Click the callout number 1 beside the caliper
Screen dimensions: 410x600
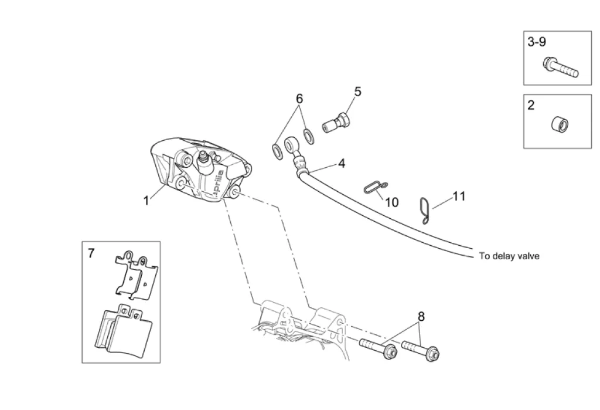click(146, 201)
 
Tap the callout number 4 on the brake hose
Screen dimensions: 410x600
click(341, 164)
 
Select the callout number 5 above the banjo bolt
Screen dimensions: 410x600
click(357, 92)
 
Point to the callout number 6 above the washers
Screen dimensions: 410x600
click(299, 99)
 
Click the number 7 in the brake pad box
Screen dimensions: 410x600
click(91, 253)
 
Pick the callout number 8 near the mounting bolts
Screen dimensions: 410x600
click(421, 317)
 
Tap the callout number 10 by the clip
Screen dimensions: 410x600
click(391, 202)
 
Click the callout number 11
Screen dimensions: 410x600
click(459, 196)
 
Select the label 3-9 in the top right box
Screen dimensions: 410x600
click(537, 42)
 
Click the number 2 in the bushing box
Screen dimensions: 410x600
click(531, 106)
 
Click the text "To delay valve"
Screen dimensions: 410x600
click(509, 256)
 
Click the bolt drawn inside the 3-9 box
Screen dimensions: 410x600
click(560, 67)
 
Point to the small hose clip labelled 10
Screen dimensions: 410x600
click(373, 187)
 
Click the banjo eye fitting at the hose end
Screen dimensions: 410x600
click(292, 145)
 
